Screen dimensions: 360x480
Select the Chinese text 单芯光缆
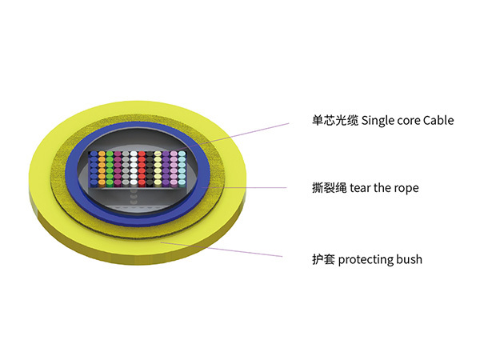coord(335,121)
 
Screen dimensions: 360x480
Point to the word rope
coord(405,189)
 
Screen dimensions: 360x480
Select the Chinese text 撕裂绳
coord(330,188)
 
